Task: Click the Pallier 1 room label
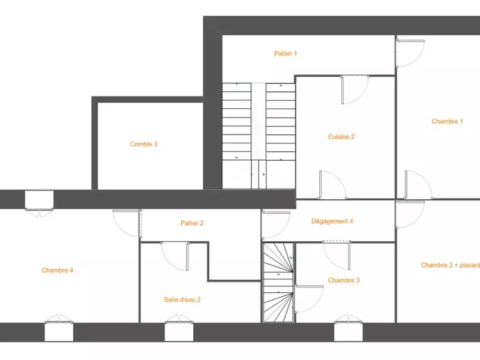click(286, 53)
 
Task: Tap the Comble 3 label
click(143, 144)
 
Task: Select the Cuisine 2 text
click(341, 137)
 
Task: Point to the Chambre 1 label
click(447, 121)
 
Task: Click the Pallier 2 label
click(192, 223)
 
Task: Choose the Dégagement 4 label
click(332, 221)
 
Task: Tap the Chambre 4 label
click(57, 270)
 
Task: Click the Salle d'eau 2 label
click(182, 299)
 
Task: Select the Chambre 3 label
click(343, 280)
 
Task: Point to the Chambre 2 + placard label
click(451, 265)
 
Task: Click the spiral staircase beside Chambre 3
click(278, 283)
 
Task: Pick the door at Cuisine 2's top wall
click(355, 89)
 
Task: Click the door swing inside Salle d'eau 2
click(175, 256)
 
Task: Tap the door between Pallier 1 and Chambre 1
click(410, 53)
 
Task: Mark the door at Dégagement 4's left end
click(276, 225)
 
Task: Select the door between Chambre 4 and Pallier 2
click(127, 223)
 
